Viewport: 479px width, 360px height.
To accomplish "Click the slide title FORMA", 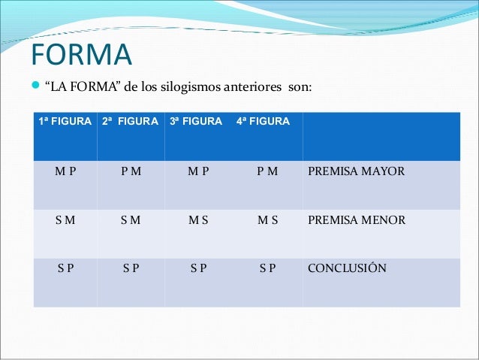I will point(81,54).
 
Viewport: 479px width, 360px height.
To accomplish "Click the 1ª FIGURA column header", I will point(65,121).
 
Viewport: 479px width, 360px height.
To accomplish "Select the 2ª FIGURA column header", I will point(130,121).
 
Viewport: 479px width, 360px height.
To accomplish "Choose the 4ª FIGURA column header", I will point(263,121).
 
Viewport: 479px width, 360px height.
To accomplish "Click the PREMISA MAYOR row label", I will point(356,171).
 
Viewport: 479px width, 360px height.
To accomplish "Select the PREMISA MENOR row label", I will point(357,220).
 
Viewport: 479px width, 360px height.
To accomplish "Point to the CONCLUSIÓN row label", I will point(347,268).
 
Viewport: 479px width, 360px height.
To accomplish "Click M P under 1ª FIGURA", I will point(65,171).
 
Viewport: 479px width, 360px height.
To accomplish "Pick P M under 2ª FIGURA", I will point(131,171).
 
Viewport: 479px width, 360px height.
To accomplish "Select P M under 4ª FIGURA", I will point(267,171).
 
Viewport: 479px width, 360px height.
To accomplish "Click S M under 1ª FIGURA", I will point(65,220).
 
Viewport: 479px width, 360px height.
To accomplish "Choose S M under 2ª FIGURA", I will point(131,220).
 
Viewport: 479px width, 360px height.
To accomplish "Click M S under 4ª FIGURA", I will point(267,220).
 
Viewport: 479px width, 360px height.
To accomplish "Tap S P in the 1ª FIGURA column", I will point(65,268).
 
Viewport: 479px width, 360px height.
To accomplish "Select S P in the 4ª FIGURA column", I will point(267,268).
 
